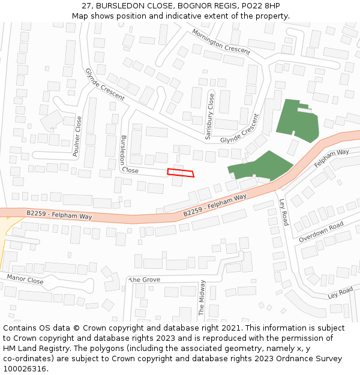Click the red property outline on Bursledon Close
[181, 173]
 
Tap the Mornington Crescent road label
[221, 41]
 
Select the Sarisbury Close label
[209, 116]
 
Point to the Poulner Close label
[77, 137]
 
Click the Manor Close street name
[25, 279]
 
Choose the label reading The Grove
[145, 280]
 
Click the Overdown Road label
[322, 232]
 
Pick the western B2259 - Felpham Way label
[59, 214]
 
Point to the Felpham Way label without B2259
[332, 157]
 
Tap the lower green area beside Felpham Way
[262, 166]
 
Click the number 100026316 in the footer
[25, 369]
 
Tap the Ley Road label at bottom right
[340, 293]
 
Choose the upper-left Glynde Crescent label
[104, 84]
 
